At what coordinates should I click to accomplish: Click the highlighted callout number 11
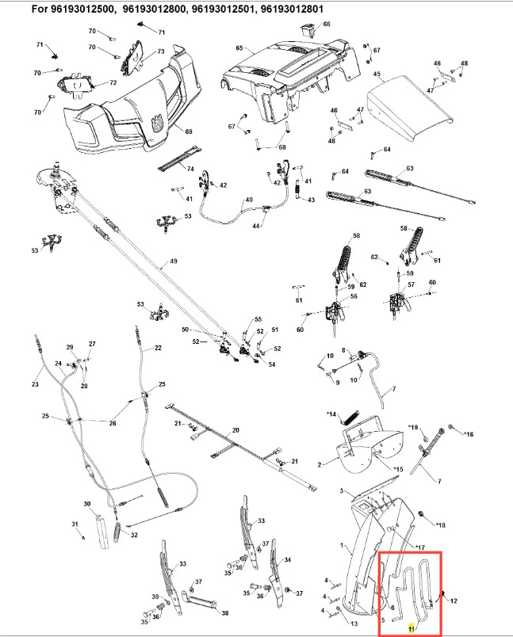click(x=412, y=628)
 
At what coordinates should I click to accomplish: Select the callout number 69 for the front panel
click(x=189, y=132)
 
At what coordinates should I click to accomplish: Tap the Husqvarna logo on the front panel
click(x=157, y=123)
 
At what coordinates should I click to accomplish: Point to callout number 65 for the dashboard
click(x=239, y=48)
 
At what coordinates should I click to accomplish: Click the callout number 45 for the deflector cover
click(x=377, y=74)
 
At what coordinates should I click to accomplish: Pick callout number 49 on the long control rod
click(x=174, y=261)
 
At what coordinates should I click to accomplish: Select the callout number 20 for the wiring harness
click(x=235, y=430)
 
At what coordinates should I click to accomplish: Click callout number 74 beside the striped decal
click(x=190, y=169)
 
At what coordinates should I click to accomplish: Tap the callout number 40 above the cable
click(x=249, y=200)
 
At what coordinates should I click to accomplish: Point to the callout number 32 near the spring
click(x=134, y=535)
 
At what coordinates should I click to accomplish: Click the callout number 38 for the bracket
click(x=225, y=613)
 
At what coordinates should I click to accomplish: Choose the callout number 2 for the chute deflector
click(x=320, y=464)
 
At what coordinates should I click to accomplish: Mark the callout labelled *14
click(x=331, y=414)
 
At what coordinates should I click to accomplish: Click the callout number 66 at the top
click(x=327, y=24)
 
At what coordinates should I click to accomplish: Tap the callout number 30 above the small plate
click(x=87, y=504)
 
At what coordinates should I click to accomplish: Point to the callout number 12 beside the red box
click(x=454, y=601)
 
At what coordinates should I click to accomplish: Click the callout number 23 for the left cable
click(x=35, y=383)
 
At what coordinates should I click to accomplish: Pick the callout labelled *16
click(x=469, y=434)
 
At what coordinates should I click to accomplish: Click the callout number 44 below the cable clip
click(x=256, y=226)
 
